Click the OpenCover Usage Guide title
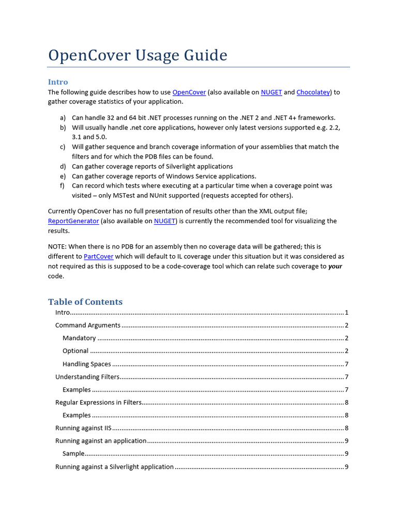pyautogui.click(x=138, y=55)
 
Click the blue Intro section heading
pyautogui.click(x=58, y=82)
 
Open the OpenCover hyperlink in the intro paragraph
pyautogui.click(x=189, y=92)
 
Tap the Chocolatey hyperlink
pyautogui.click(x=313, y=92)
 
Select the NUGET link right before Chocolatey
pyautogui.click(x=271, y=92)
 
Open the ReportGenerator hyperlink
pyautogui.click(x=73, y=221)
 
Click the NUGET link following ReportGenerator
pyautogui.click(x=165, y=221)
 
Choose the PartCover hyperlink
pyautogui.click(x=99, y=256)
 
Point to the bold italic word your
pyautogui.click(x=335, y=266)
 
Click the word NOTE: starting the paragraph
pyautogui.click(x=57, y=246)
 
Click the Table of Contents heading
pyautogui.click(x=85, y=302)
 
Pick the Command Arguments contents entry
pyautogui.click(x=88, y=325)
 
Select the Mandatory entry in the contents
pyautogui.click(x=79, y=338)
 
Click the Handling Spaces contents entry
pyautogui.click(x=87, y=364)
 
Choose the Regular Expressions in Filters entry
pyautogui.click(x=98, y=402)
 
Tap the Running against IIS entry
pyautogui.click(x=83, y=428)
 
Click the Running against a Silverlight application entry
pyautogui.click(x=114, y=466)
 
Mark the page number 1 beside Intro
pyautogui.click(x=346, y=313)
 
